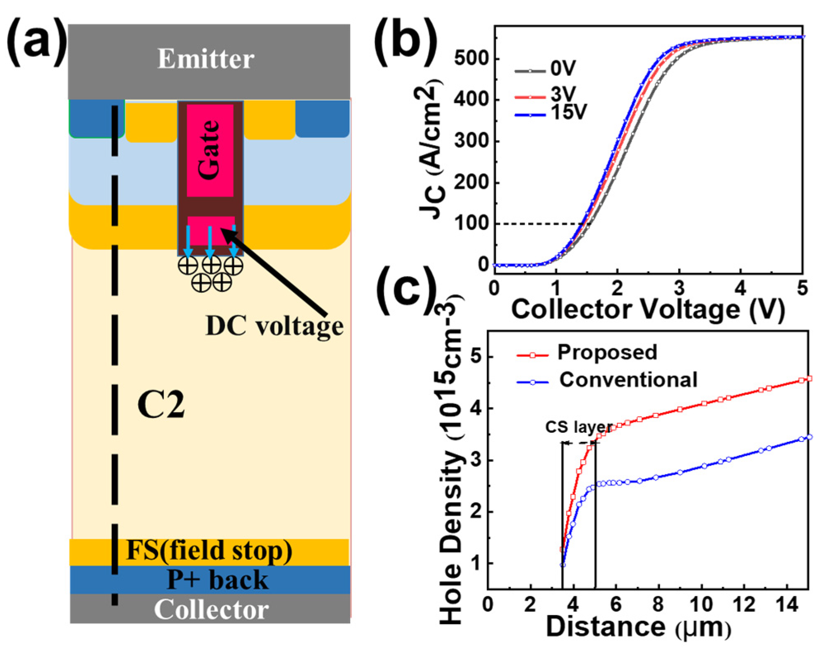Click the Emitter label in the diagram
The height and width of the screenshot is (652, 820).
(206, 59)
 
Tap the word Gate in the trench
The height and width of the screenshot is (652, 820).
(209, 150)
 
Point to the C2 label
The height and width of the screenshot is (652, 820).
(161, 405)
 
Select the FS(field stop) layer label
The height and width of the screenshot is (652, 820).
(209, 551)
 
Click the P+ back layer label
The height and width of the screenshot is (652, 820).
(217, 580)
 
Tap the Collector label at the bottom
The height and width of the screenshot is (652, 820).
(211, 609)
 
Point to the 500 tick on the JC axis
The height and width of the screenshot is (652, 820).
(471, 58)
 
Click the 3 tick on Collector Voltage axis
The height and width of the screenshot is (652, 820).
(678, 288)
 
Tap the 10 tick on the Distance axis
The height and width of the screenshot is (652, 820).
(701, 605)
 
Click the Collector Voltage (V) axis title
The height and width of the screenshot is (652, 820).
(648, 309)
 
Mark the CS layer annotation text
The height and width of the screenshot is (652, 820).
(579, 427)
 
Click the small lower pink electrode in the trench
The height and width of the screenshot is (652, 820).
(211, 231)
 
